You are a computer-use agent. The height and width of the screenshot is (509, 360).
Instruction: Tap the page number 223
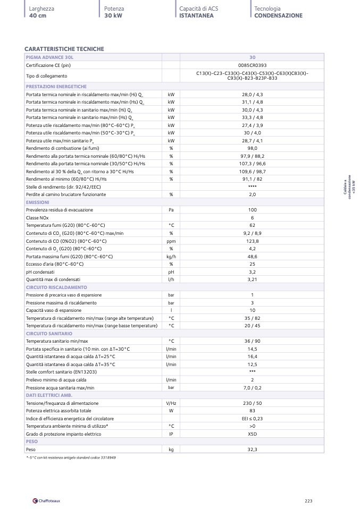tap(309, 500)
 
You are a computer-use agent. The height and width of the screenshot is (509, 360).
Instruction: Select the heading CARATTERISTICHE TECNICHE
tap(64, 49)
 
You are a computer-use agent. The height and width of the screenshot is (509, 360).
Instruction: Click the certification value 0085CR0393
tap(252, 65)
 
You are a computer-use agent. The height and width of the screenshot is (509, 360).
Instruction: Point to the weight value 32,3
tap(252, 449)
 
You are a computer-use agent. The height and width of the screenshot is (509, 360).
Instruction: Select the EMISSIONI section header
tap(37, 202)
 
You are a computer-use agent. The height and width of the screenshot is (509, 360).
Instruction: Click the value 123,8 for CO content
tap(252, 241)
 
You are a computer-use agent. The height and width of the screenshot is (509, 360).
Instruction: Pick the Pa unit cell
tap(171, 210)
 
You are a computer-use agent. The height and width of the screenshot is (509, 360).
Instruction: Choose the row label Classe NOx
tap(40, 218)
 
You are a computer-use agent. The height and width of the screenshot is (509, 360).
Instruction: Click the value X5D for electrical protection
tap(252, 434)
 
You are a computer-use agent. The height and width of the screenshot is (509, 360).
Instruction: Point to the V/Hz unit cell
tap(171, 403)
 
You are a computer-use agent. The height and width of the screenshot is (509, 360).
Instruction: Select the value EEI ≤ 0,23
tap(252, 419)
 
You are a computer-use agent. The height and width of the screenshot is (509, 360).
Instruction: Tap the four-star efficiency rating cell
tap(252, 187)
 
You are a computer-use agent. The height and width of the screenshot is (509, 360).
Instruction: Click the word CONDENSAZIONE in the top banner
tap(278, 16)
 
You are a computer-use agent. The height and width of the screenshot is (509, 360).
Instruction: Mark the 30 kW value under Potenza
tap(113, 16)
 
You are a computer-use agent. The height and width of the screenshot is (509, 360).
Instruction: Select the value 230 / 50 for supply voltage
tap(252, 403)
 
